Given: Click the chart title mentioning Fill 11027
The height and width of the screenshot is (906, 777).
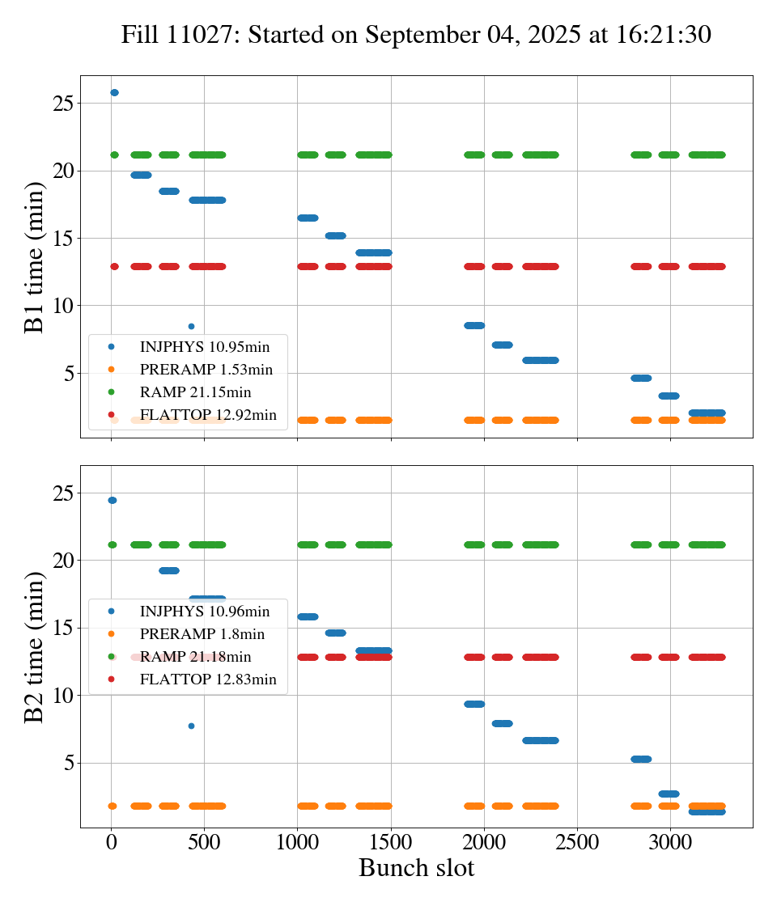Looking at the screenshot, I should [x=416, y=35].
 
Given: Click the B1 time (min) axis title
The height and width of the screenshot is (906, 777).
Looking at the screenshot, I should [x=34, y=257].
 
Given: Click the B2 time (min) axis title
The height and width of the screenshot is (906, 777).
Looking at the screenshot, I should [x=34, y=646].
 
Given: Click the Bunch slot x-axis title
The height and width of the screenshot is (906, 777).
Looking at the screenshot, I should [x=416, y=869].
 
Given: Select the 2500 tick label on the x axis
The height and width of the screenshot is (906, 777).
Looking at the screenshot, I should [x=577, y=843].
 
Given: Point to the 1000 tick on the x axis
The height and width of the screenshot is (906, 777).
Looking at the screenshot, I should [x=297, y=843].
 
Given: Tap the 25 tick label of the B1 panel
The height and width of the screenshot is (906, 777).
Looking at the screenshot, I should [x=64, y=104].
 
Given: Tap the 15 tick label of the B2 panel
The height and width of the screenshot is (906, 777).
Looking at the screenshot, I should [x=64, y=629].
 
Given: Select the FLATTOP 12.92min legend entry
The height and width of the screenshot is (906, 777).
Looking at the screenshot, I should [x=208, y=415].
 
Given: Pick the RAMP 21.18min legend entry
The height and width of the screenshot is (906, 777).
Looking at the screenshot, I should [x=206, y=657].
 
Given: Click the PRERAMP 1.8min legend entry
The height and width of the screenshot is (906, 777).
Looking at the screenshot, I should [x=202, y=634].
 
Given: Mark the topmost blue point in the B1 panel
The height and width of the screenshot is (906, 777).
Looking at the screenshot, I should [x=114, y=93].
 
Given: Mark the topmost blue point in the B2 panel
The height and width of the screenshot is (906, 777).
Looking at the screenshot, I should [x=112, y=501].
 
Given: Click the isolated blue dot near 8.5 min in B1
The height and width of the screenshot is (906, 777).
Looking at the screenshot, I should [x=191, y=327].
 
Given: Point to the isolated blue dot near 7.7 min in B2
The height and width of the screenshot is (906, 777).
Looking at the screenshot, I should [x=191, y=726].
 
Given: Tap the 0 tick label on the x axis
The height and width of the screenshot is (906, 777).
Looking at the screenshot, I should [x=111, y=843].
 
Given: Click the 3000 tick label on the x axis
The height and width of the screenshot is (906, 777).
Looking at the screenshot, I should [x=670, y=843].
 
